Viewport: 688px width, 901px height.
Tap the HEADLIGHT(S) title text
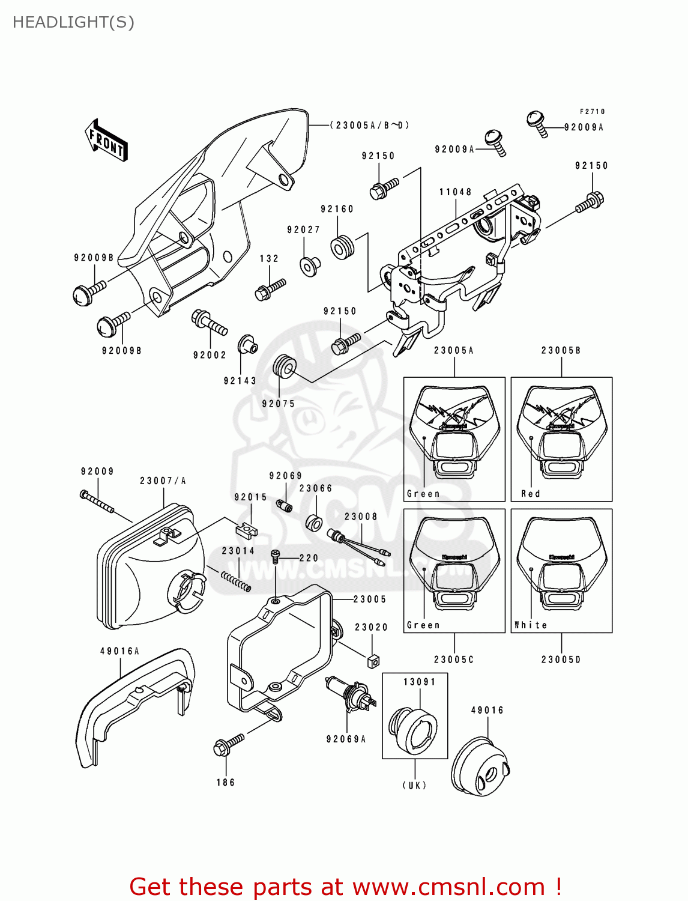point(73,22)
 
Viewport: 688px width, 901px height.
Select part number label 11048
point(455,192)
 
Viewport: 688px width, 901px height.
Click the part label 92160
point(337,209)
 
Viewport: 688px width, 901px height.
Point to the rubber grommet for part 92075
point(285,366)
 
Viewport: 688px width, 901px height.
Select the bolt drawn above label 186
point(229,744)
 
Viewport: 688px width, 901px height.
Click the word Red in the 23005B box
point(531,494)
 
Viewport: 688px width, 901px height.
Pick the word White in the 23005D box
point(531,625)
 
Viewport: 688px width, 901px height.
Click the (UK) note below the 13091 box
point(414,785)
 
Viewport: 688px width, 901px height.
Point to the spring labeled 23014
point(236,581)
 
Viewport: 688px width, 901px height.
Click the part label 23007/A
point(163,481)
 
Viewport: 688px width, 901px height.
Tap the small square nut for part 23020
point(373,661)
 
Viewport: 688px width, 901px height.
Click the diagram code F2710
point(592,112)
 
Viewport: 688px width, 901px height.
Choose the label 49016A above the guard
point(119,651)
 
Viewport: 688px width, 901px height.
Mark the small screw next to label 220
point(276,556)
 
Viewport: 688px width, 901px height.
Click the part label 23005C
point(454,660)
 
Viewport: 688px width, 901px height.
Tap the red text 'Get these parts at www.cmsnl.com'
point(345,887)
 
